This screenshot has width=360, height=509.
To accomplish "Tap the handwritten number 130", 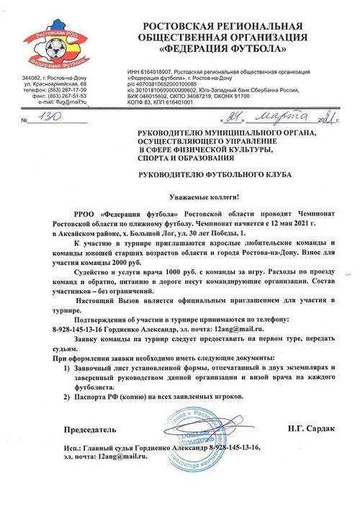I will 50,117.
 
